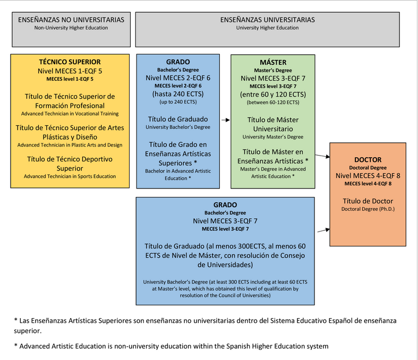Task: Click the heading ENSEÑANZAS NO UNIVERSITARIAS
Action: (x=71, y=20)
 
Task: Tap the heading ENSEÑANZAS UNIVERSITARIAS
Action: (x=267, y=20)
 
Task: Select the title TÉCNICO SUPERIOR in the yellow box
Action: (x=70, y=62)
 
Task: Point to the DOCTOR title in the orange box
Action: (x=368, y=159)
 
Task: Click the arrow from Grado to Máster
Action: (x=225, y=121)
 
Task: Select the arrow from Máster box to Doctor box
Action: (x=322, y=156)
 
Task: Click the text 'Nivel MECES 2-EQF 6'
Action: (x=178, y=78)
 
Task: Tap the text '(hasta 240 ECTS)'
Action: (x=178, y=94)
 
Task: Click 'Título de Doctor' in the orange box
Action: (x=368, y=200)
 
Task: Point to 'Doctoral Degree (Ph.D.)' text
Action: (x=368, y=209)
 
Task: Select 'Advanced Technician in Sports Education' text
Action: (x=70, y=176)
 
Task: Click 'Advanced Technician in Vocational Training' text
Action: (x=70, y=113)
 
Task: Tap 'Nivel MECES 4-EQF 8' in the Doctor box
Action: (x=368, y=175)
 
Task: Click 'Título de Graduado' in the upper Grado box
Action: (x=178, y=119)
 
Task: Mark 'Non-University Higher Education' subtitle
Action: (x=71, y=28)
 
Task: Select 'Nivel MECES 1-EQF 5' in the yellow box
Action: (x=70, y=71)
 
